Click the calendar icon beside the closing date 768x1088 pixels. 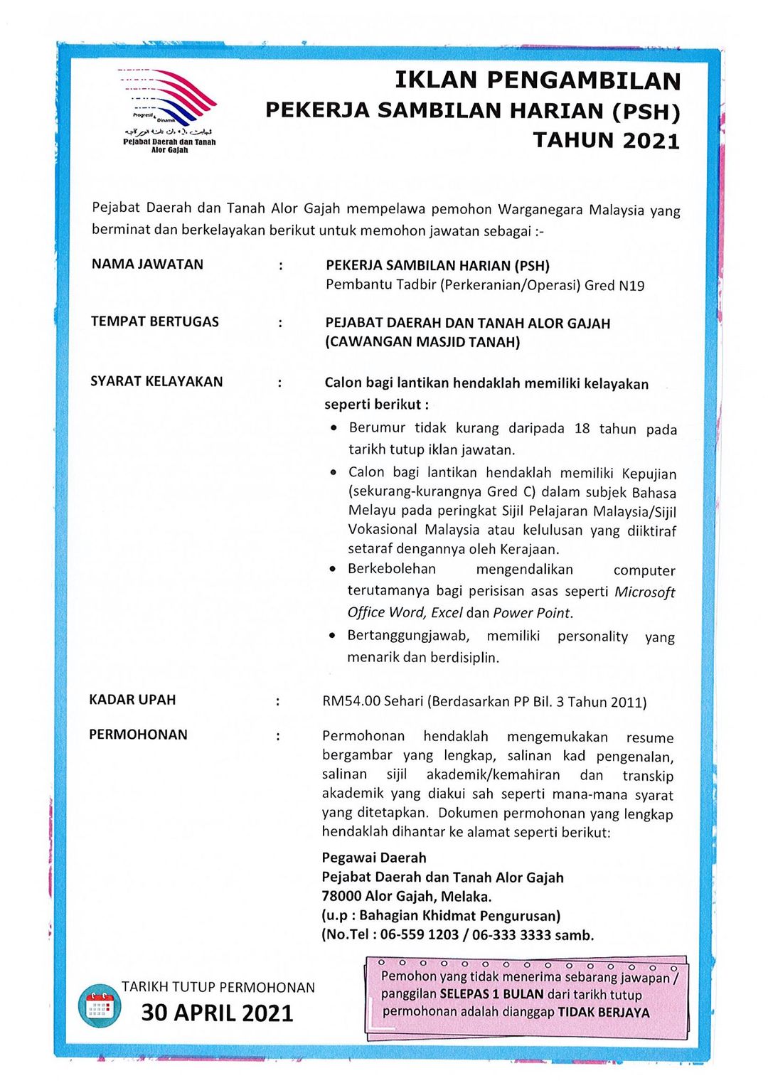click(99, 1006)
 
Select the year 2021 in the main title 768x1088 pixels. click(651, 141)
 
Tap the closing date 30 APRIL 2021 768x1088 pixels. click(217, 1013)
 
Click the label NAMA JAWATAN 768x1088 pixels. click(147, 265)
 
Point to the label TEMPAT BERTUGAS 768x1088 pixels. click(155, 321)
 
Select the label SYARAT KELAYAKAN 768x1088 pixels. click(156, 381)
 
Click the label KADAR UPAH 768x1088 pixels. click(132, 700)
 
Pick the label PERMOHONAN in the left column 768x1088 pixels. click(138, 735)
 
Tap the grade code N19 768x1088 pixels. click(631, 286)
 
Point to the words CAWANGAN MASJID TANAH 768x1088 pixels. click(422, 342)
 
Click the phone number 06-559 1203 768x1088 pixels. click(419, 934)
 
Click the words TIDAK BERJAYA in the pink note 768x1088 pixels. click(603, 1012)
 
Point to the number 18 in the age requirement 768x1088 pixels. click(582, 428)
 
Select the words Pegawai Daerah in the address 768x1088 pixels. click(374, 858)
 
